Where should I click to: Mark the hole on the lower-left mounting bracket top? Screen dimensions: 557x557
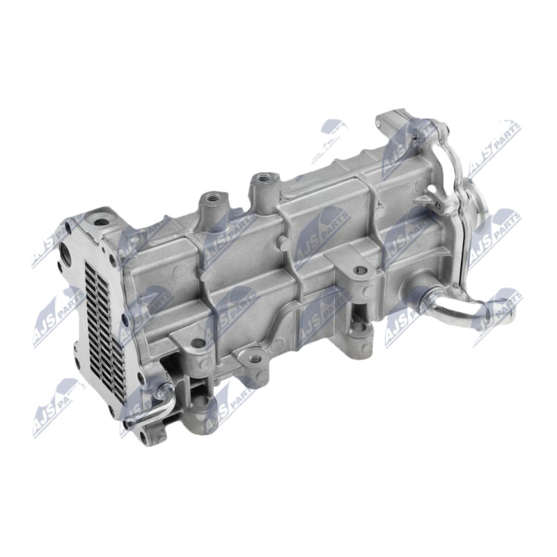[198, 343]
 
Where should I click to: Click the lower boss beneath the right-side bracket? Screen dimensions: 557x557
[358, 327]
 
